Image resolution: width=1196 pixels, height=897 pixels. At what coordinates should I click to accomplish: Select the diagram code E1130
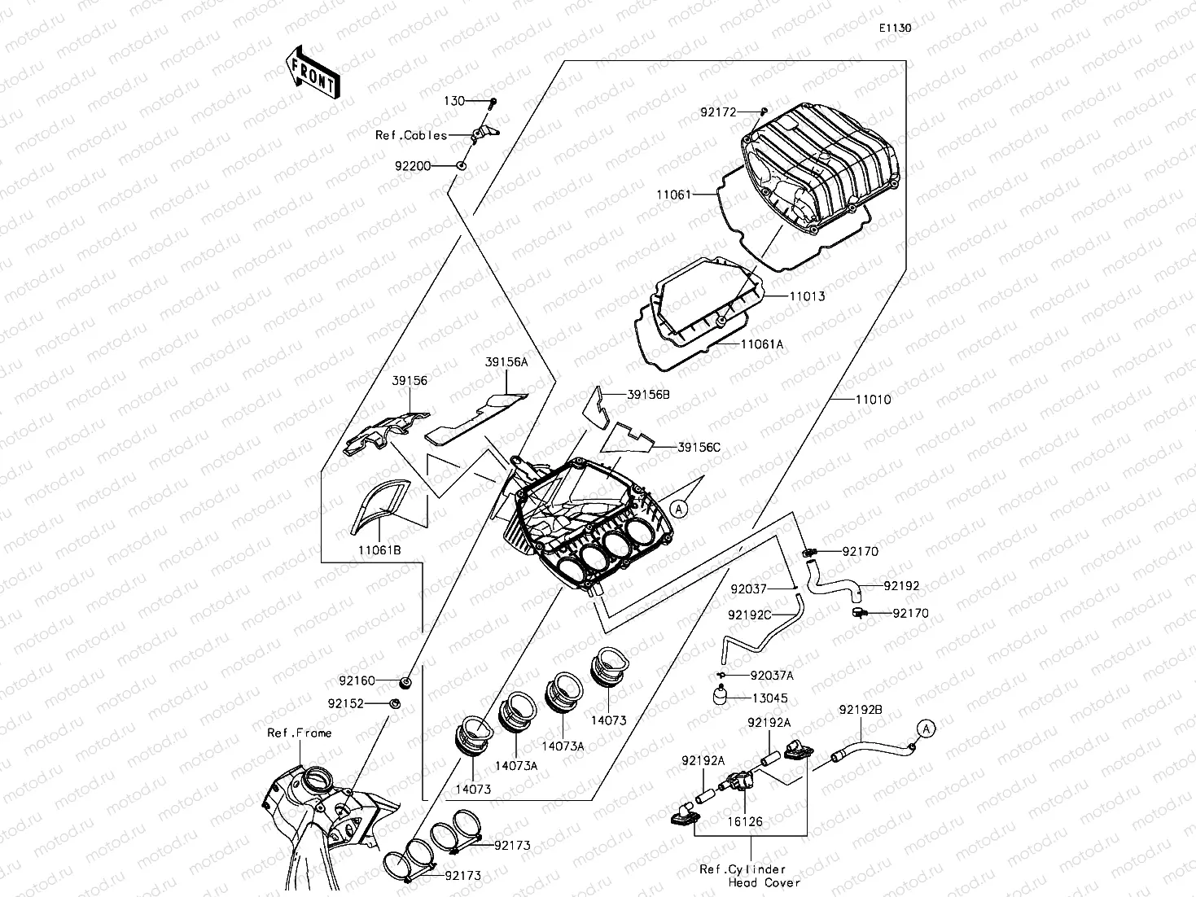point(894,28)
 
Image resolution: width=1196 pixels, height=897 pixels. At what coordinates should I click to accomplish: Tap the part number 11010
point(873,400)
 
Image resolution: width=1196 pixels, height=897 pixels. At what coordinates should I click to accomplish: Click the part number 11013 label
point(807,296)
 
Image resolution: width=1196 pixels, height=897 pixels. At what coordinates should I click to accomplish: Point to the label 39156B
point(648,395)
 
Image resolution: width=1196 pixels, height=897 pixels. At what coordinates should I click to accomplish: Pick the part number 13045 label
point(769,698)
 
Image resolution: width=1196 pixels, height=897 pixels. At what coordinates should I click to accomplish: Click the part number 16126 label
point(745,822)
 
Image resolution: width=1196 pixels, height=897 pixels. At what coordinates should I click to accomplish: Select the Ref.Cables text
point(411,135)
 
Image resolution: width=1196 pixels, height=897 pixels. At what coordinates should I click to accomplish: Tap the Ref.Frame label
point(300,733)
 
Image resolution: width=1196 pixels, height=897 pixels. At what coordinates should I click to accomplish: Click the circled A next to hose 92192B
point(926,728)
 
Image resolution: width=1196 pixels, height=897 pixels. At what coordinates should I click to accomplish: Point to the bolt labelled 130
point(493,102)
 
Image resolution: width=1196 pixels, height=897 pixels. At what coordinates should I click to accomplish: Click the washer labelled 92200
point(461,166)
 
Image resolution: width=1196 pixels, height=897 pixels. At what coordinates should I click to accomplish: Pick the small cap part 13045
point(719,695)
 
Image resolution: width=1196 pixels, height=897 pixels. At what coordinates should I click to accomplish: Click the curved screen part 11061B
point(379,505)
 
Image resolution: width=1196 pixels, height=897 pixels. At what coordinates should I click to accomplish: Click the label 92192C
point(749,615)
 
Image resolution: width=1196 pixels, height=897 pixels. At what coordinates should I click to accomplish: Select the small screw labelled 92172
point(764,110)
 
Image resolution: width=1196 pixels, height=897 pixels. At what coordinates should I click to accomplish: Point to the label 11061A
point(761,344)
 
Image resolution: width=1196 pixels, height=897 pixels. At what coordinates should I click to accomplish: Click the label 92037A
point(772,675)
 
